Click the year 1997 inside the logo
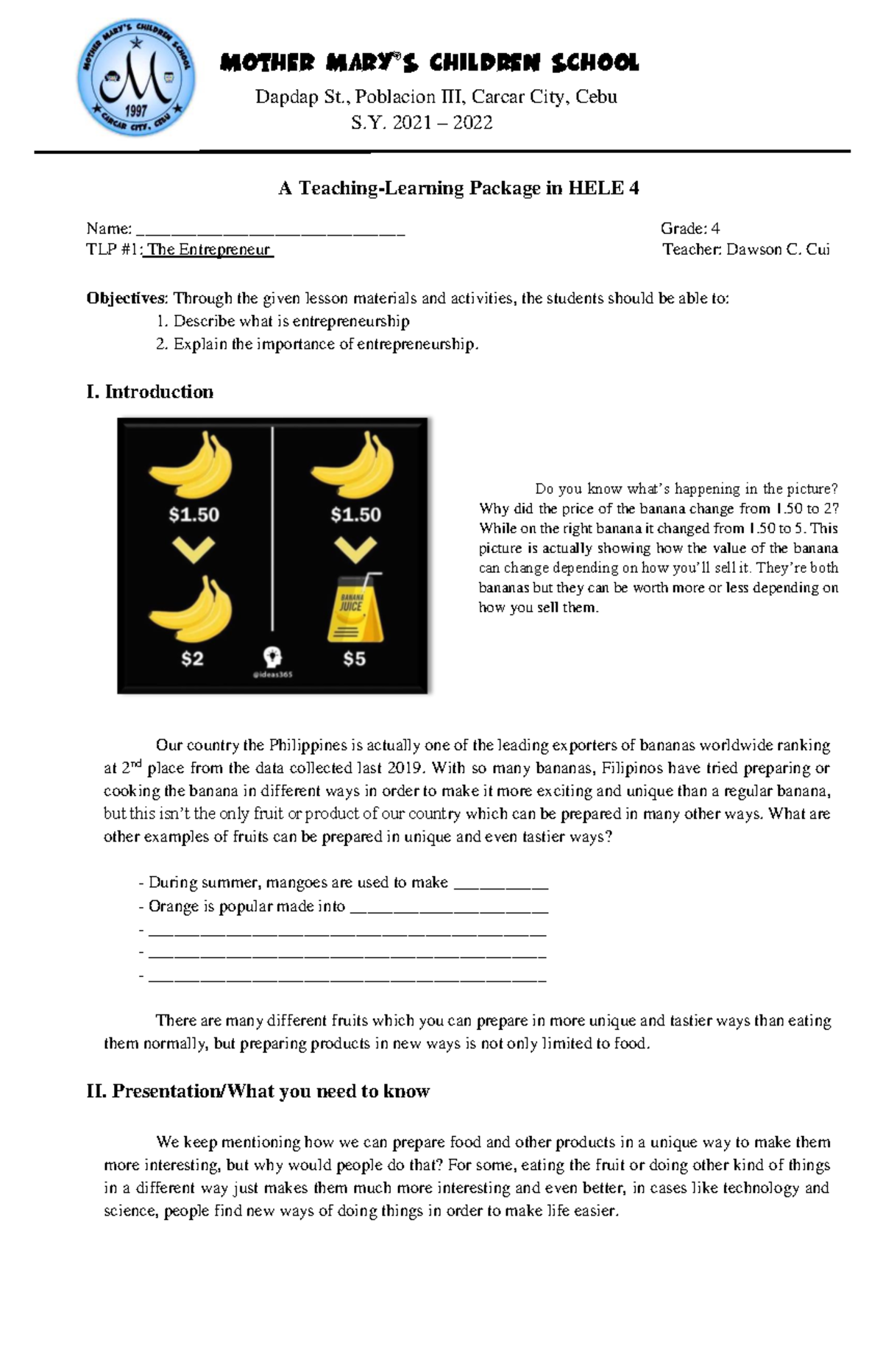click(137, 111)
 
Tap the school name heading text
click(429, 63)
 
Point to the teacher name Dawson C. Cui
click(778, 250)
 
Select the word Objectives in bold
click(127, 299)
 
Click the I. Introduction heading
click(150, 392)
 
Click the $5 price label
click(354, 659)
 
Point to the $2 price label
click(192, 659)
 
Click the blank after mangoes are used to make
click(501, 883)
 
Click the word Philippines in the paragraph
click(308, 745)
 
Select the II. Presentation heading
click(258, 1091)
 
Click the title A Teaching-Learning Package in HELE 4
click(458, 188)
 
